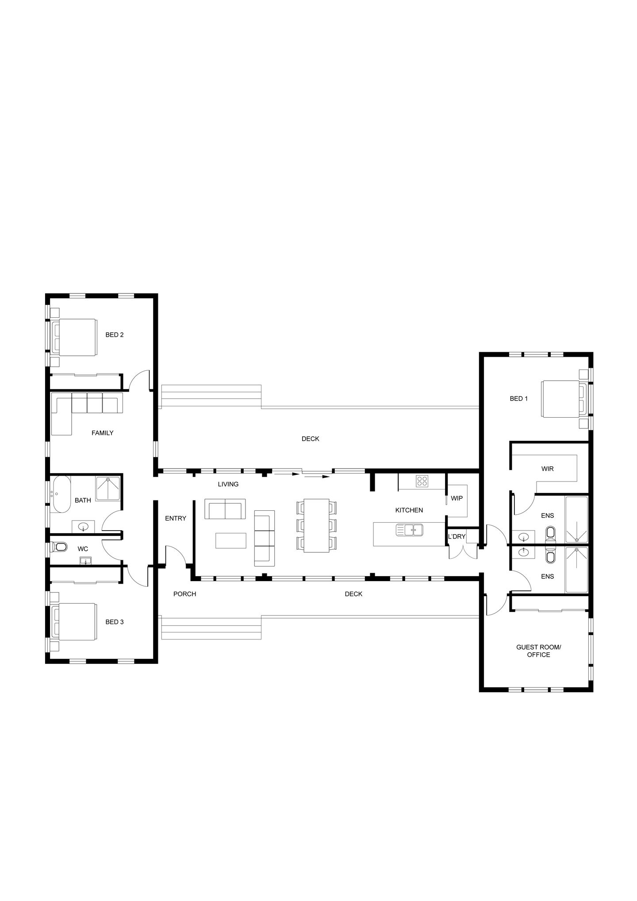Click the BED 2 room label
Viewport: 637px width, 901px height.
(114, 335)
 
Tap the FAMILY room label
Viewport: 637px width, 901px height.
(102, 433)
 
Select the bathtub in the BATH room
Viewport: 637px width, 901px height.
(61, 494)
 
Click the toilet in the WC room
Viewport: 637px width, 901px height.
(59, 548)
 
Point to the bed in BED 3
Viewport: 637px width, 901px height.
(74, 622)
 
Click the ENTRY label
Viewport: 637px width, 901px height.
(176, 518)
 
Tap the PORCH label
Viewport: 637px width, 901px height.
(184, 594)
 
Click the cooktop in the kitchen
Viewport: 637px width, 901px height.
(422, 481)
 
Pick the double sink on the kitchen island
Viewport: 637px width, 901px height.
(409, 529)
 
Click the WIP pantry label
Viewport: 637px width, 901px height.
(457, 498)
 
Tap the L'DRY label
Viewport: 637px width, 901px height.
(457, 536)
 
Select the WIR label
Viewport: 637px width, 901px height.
(547, 469)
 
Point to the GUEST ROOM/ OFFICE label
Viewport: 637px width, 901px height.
(538, 651)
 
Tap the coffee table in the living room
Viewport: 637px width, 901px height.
(231, 540)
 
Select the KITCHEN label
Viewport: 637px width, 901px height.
(409, 510)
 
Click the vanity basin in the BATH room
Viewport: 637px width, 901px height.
(83, 527)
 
